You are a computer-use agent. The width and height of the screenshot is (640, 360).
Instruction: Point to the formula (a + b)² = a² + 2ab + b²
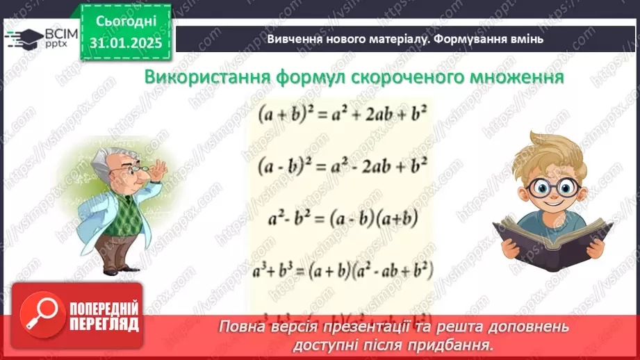click(x=341, y=114)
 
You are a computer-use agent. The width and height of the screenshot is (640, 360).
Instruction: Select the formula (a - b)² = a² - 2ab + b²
click(x=341, y=167)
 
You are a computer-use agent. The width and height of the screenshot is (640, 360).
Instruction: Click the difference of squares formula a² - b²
click(x=341, y=219)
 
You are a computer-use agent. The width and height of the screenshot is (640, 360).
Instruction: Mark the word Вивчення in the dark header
click(x=293, y=39)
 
